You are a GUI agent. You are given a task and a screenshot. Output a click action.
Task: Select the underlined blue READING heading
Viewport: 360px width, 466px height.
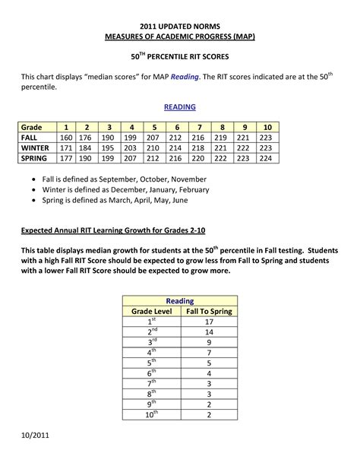(x=180, y=108)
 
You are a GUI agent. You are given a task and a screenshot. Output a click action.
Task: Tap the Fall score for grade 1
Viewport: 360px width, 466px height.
(x=66, y=137)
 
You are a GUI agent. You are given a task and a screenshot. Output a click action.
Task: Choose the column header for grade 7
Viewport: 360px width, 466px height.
(x=199, y=126)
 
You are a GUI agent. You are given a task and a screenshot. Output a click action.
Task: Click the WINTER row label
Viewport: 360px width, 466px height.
(x=36, y=147)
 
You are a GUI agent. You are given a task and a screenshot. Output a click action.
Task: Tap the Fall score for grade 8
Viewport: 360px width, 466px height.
(x=222, y=137)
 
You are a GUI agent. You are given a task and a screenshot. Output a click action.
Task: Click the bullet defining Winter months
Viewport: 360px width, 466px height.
(x=134, y=192)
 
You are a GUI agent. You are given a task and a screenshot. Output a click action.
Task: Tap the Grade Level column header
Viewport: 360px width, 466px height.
(x=152, y=311)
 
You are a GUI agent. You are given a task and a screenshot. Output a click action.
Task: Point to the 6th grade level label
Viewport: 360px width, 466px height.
(x=152, y=373)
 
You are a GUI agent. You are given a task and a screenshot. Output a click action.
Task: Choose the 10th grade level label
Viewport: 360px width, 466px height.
(x=152, y=414)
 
